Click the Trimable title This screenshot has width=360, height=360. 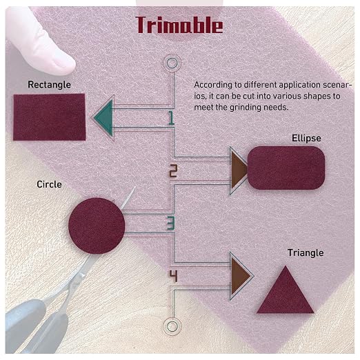(179, 25)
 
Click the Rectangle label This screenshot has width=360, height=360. (49, 85)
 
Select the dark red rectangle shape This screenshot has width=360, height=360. (50, 117)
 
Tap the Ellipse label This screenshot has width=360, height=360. (306, 138)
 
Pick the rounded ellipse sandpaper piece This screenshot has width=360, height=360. (286, 168)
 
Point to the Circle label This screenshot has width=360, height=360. (49, 184)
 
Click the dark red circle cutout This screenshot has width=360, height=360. (97, 226)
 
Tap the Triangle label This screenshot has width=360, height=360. (306, 253)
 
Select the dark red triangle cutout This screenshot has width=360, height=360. (286, 290)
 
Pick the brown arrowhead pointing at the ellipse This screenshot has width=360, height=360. (238, 170)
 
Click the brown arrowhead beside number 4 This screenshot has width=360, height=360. (239, 276)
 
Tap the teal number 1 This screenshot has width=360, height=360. (171, 118)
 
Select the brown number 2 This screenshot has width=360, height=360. (173, 171)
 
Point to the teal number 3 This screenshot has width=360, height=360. (171, 223)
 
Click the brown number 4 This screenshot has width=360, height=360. (174, 276)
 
